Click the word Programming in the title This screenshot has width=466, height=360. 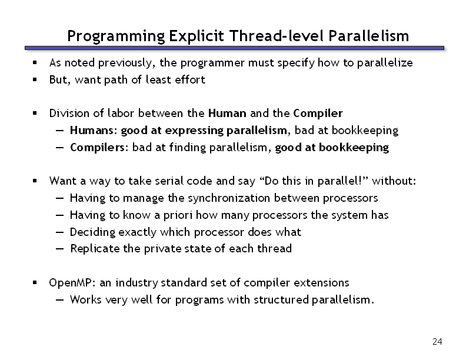(x=116, y=36)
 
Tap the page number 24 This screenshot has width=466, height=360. (x=437, y=342)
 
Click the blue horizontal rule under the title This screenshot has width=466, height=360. (x=234, y=48)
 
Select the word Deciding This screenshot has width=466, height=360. (x=92, y=232)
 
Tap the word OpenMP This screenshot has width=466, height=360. (x=72, y=283)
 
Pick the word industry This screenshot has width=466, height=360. (x=137, y=283)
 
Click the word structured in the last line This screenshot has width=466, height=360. (x=281, y=299)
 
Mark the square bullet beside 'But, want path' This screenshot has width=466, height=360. (x=35, y=79)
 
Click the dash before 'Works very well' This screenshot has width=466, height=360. (x=59, y=300)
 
